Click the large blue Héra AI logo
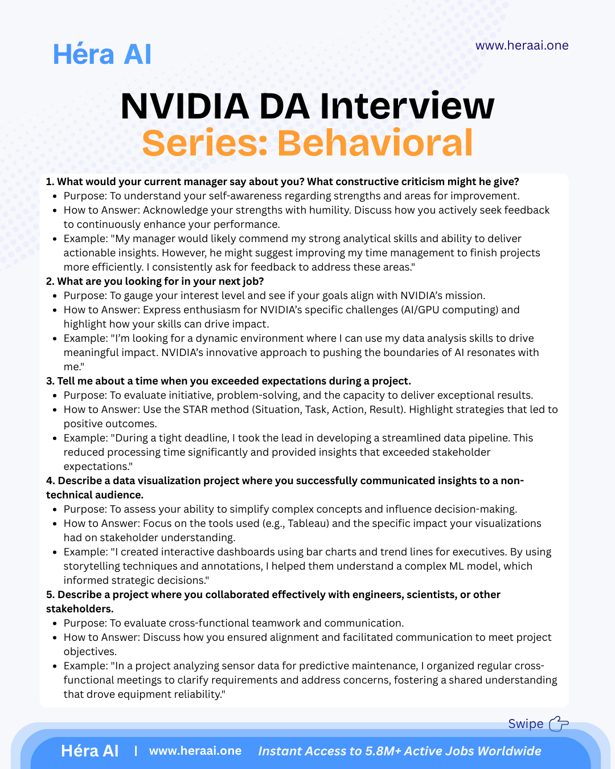tap(102, 55)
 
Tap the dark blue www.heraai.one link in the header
tap(522, 46)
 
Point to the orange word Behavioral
tap(375, 143)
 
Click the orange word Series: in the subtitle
tap(205, 143)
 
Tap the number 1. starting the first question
tap(50, 182)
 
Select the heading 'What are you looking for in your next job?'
tap(160, 281)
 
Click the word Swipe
tap(526, 723)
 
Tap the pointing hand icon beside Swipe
tap(559, 723)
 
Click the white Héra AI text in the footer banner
tap(90, 751)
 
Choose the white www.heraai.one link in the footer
tap(195, 751)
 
